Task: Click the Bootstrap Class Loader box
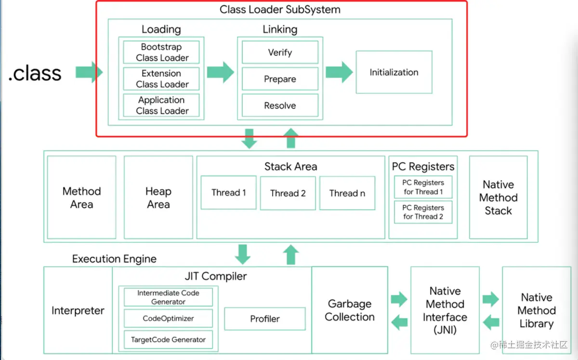(x=161, y=53)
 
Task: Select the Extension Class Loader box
(x=161, y=79)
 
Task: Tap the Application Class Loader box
(x=161, y=106)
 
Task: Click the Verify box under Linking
(x=280, y=53)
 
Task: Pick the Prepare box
(x=280, y=79)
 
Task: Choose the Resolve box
(x=280, y=106)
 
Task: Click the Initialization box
(x=394, y=72)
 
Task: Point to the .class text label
(x=35, y=73)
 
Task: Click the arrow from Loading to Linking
(x=220, y=72)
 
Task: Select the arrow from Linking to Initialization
(x=339, y=72)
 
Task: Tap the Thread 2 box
(x=288, y=193)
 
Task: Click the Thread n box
(x=347, y=193)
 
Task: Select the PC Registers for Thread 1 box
(x=423, y=187)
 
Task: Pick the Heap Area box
(x=158, y=198)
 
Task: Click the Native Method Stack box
(x=498, y=198)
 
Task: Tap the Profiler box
(x=264, y=319)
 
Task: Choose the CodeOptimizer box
(x=168, y=319)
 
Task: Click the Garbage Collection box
(x=350, y=310)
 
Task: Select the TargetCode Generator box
(x=168, y=340)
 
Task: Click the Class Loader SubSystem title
(x=280, y=10)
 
